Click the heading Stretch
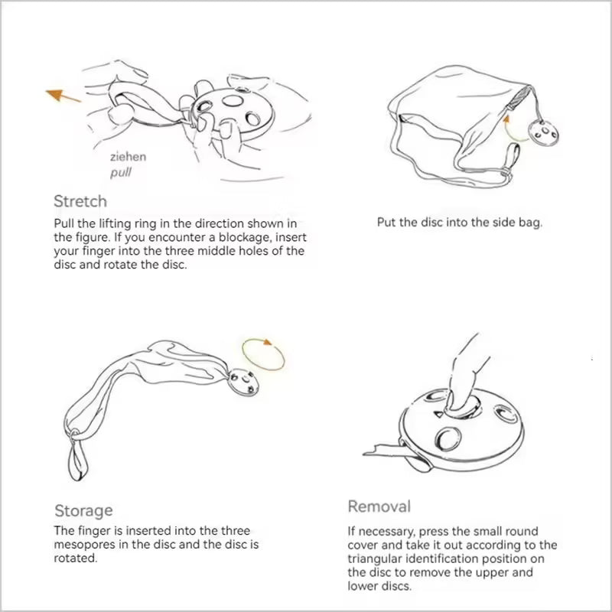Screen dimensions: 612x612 click(x=80, y=201)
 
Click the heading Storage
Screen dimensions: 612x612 click(x=83, y=510)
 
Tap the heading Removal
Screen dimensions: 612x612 click(x=379, y=506)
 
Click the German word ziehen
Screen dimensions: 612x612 click(x=128, y=157)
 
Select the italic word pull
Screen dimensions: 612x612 click(x=121, y=173)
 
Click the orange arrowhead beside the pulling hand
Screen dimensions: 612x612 click(x=54, y=94)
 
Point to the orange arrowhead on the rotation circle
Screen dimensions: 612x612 click(x=267, y=342)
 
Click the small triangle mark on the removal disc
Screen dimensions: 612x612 click(x=439, y=413)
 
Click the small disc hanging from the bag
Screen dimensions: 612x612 click(x=544, y=133)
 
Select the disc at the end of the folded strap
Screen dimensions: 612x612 click(x=243, y=382)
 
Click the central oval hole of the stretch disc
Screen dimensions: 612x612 click(x=233, y=101)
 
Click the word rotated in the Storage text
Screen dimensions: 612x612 click(x=75, y=558)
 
